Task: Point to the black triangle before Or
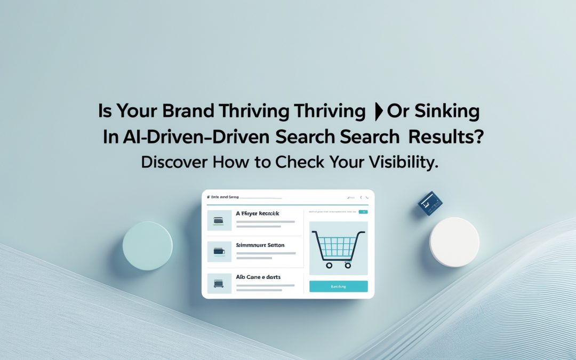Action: coord(379,113)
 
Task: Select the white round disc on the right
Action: coord(455,242)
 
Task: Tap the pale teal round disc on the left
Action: coord(148,246)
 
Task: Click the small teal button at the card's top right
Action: coord(363,212)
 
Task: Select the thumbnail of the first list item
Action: coord(219,220)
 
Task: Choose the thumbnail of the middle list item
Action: coord(219,251)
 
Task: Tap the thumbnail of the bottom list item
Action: coord(219,283)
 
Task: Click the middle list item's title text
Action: coord(260,245)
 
